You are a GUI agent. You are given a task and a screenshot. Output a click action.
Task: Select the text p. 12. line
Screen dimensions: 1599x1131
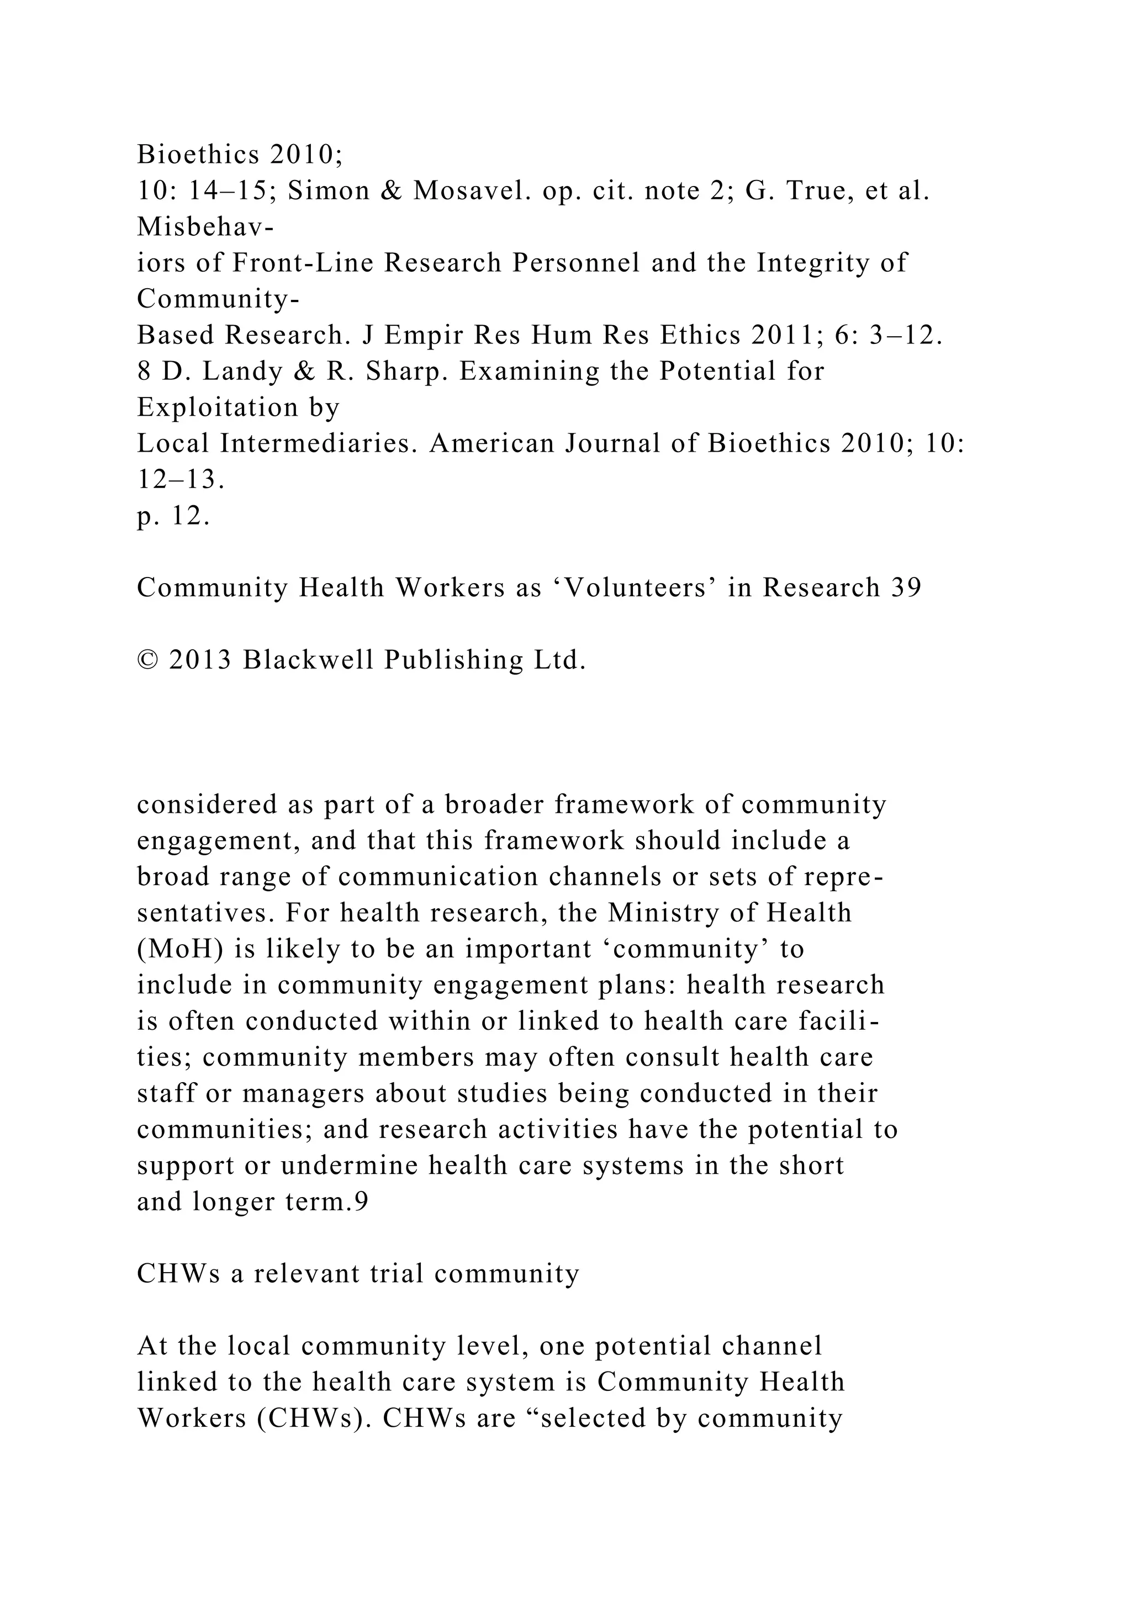pos(173,516)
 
